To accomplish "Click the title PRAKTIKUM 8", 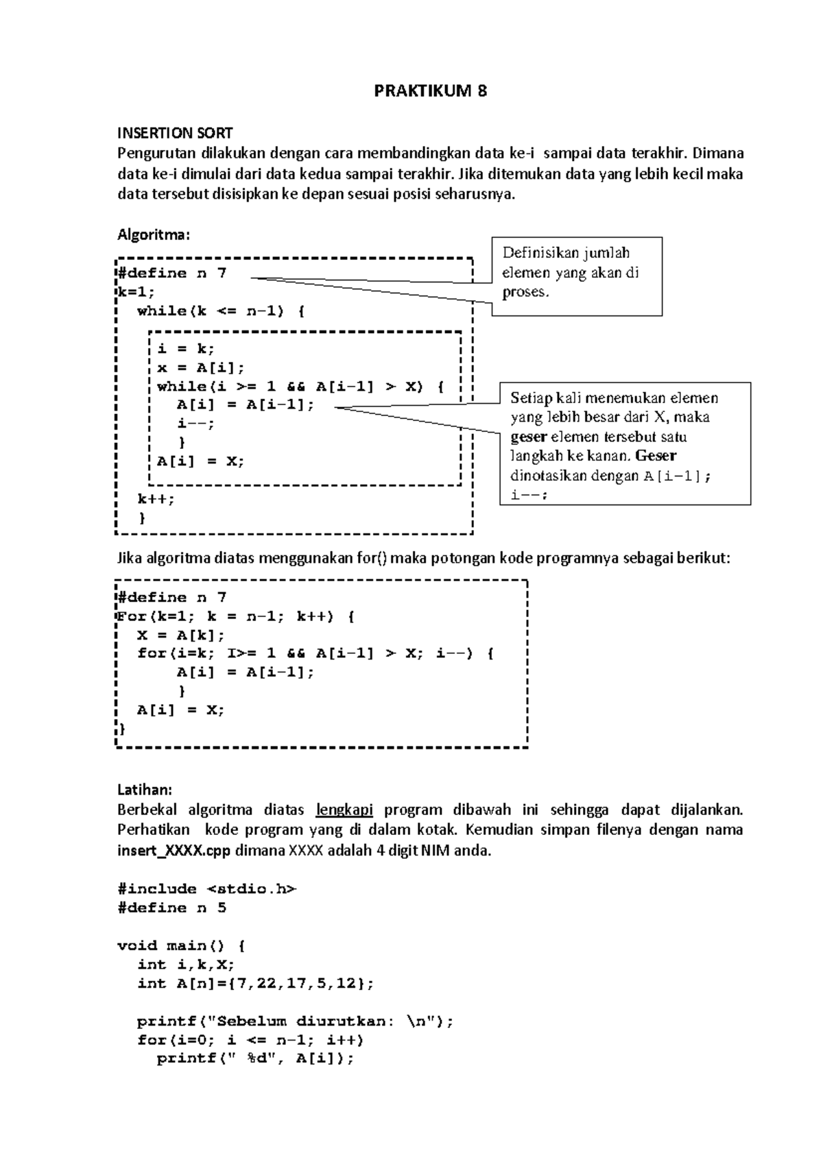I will click(x=430, y=91).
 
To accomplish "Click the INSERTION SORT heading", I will click(x=175, y=133).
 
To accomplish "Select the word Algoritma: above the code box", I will click(x=153, y=235).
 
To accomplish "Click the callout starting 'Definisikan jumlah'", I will click(x=576, y=274).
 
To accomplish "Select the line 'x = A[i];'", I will click(x=200, y=368).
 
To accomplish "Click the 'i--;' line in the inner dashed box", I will click(x=195, y=424).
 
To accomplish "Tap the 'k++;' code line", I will click(x=156, y=499).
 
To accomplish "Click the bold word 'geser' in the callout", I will click(x=528, y=437).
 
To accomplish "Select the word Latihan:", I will click(x=145, y=790).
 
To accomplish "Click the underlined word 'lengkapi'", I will click(x=344, y=810).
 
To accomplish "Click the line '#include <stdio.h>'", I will click(x=207, y=889).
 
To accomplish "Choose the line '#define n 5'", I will click(x=171, y=908).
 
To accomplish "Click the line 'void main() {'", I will click(x=181, y=946).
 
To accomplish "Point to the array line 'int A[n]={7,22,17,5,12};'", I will click(x=256, y=984).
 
